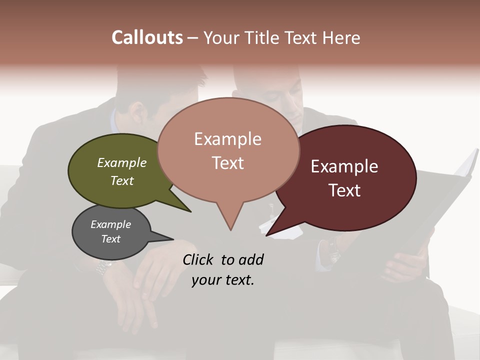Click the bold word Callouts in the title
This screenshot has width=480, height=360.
pos(147,37)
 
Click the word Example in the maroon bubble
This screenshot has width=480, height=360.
pos(344,166)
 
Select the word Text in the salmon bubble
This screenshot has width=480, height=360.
pos(228,163)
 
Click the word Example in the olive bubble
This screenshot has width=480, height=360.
pos(122,163)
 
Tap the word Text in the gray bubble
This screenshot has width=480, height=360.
pos(111,239)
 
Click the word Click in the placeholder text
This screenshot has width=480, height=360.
pos(199,259)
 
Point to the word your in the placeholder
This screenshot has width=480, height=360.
pos(206,280)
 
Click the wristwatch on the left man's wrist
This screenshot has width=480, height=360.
pos(103,268)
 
